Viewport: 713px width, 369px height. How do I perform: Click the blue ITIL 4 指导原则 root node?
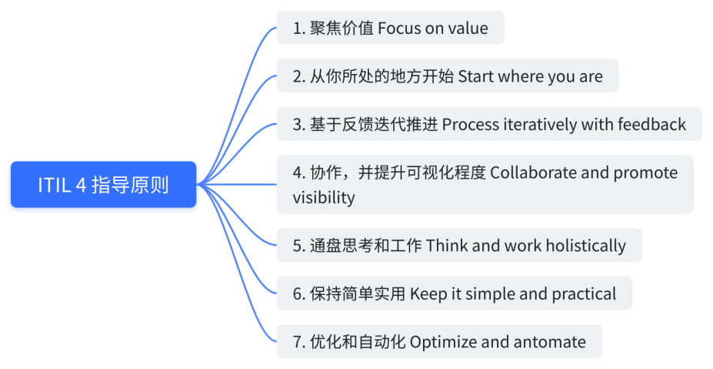click(x=103, y=185)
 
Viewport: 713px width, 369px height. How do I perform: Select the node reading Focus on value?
click(x=390, y=29)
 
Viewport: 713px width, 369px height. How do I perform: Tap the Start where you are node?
click(x=448, y=76)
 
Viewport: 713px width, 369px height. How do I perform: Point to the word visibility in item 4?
click(x=324, y=197)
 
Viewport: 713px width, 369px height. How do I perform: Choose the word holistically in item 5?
click(x=585, y=246)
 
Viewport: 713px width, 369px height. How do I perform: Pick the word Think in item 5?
click(x=446, y=246)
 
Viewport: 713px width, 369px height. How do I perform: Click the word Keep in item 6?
click(x=427, y=294)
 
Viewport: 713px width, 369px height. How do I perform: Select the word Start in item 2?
click(x=476, y=76)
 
